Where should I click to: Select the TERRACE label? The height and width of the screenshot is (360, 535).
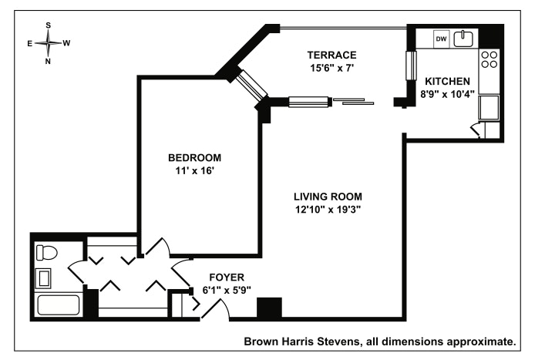(x=331, y=55)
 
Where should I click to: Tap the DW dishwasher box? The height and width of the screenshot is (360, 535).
(x=442, y=39)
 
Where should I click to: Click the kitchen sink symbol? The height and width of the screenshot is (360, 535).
(x=465, y=38)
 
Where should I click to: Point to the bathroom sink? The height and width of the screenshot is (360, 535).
(x=44, y=277)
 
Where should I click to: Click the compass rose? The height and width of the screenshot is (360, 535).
(x=49, y=43)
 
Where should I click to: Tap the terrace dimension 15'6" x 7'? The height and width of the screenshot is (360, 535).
(x=331, y=67)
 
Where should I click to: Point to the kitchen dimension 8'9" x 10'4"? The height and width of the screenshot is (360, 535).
(x=447, y=93)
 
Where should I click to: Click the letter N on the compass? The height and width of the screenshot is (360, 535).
(x=48, y=61)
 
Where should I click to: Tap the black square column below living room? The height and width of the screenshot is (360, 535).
(x=269, y=308)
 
